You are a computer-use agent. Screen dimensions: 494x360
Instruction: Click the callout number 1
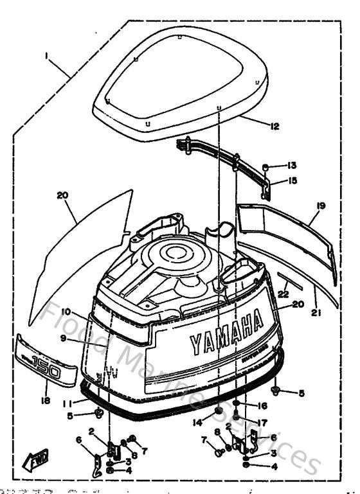pyautogui.click(x=46, y=56)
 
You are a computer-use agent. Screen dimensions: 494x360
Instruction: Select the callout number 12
pyautogui.click(x=275, y=127)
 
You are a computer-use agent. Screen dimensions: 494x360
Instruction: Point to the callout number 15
pyautogui.click(x=292, y=181)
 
